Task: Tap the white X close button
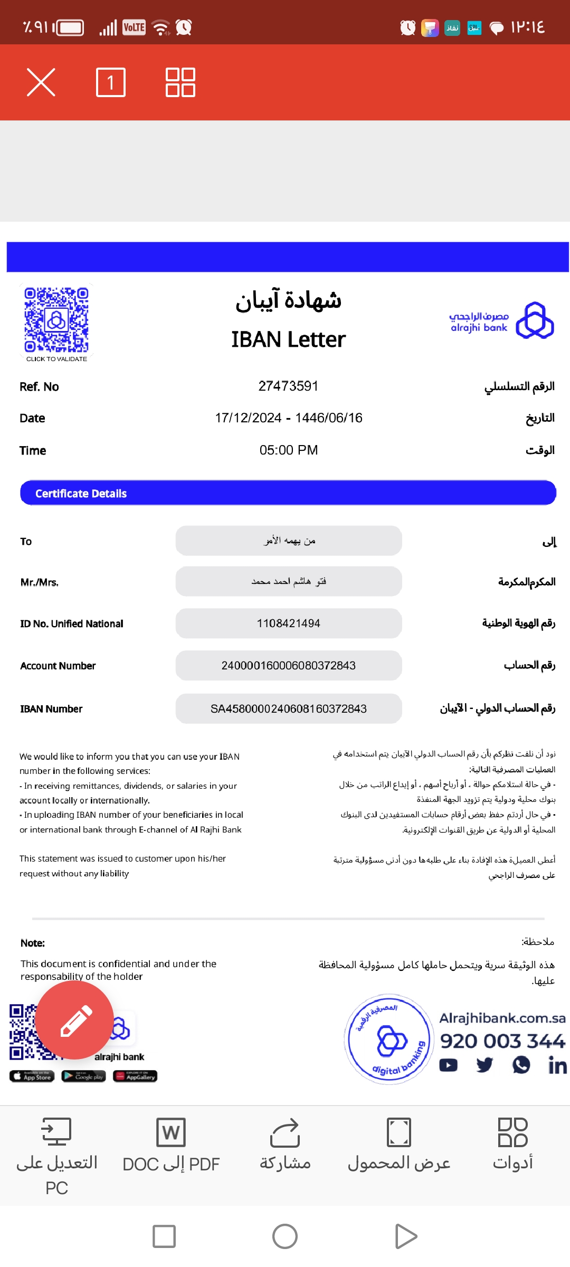click(41, 82)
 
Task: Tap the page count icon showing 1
click(111, 82)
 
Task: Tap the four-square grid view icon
click(180, 82)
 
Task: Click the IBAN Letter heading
click(288, 339)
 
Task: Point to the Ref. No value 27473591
click(288, 386)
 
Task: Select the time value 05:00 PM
click(288, 450)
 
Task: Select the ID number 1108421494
click(288, 623)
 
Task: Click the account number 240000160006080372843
click(288, 666)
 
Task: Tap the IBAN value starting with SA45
click(288, 708)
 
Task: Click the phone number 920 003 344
click(502, 1041)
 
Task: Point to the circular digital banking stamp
click(388, 1039)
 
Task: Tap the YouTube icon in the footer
click(449, 1065)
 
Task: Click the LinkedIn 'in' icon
click(557, 1065)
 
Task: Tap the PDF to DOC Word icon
click(170, 1132)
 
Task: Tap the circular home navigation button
click(285, 1236)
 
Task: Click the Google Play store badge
click(83, 1076)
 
